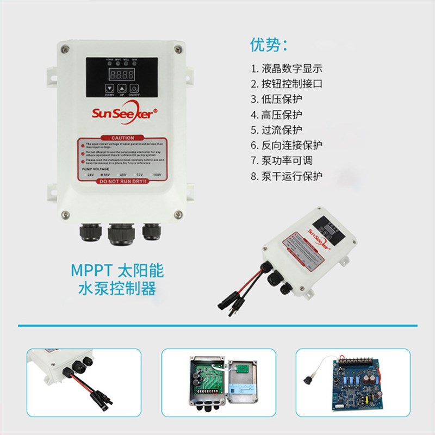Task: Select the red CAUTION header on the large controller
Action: click(x=122, y=138)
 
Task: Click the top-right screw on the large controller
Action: click(x=178, y=50)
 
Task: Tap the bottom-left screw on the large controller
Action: click(x=65, y=214)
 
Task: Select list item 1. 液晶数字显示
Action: click(x=287, y=69)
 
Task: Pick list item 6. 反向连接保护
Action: click(x=287, y=146)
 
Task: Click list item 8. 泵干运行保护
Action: click(x=287, y=176)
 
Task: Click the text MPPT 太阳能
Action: click(x=117, y=271)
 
